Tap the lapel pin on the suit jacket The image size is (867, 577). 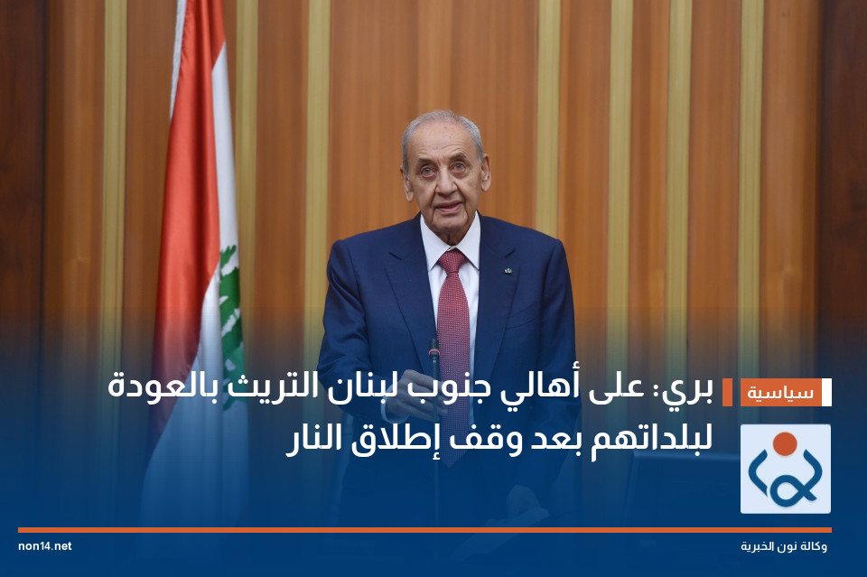coord(509,268)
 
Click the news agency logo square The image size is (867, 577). coord(785,469)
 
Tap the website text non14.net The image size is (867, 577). coord(44,546)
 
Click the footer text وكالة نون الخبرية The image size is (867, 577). coord(783,546)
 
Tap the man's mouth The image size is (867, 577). coord(447,206)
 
